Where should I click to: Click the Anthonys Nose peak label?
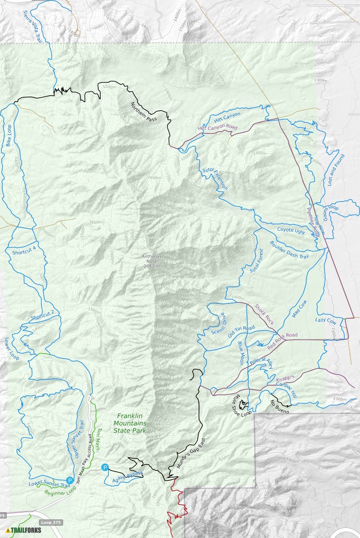tap(152, 261)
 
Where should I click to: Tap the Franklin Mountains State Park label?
tap(130, 423)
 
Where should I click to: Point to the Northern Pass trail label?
tap(144, 112)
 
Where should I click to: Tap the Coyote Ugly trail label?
tap(291, 230)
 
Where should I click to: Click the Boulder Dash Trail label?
tap(289, 250)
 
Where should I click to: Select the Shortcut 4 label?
tap(23, 252)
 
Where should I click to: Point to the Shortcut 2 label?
tap(42, 315)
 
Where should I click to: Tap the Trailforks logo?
tap(24, 530)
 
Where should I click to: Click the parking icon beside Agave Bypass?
tap(105, 467)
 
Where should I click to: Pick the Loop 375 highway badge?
tap(52, 522)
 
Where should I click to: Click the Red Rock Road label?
tap(282, 341)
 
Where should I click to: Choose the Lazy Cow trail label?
tap(326, 321)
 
